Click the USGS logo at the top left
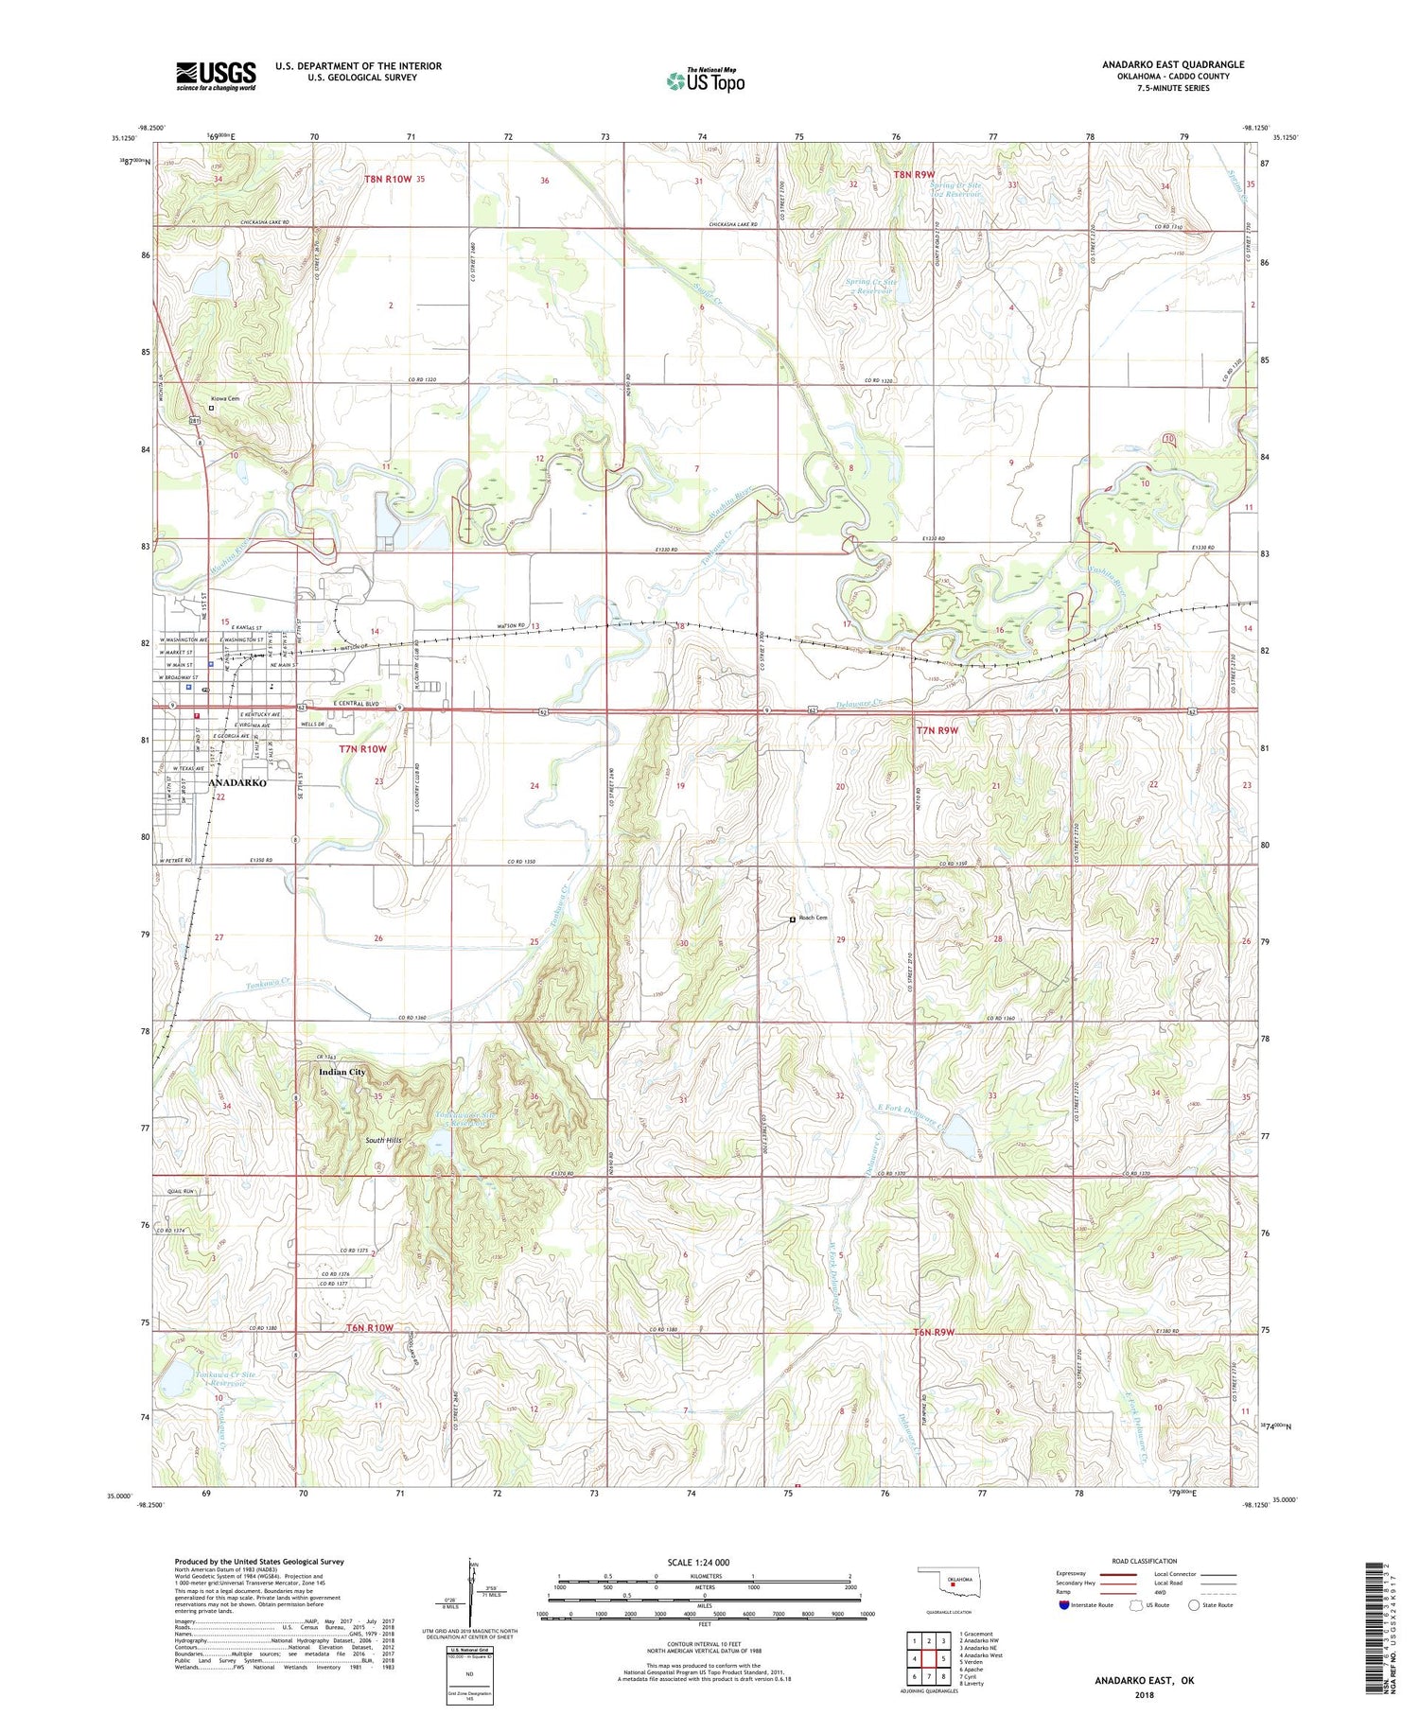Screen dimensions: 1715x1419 [x=216, y=75]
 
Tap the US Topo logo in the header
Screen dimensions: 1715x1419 [x=705, y=80]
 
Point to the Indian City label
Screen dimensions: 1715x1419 [x=342, y=1072]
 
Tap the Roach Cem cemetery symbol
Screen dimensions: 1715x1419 [x=793, y=919]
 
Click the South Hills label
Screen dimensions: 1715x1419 [x=385, y=1141]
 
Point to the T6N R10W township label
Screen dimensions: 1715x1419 [x=368, y=1327]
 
